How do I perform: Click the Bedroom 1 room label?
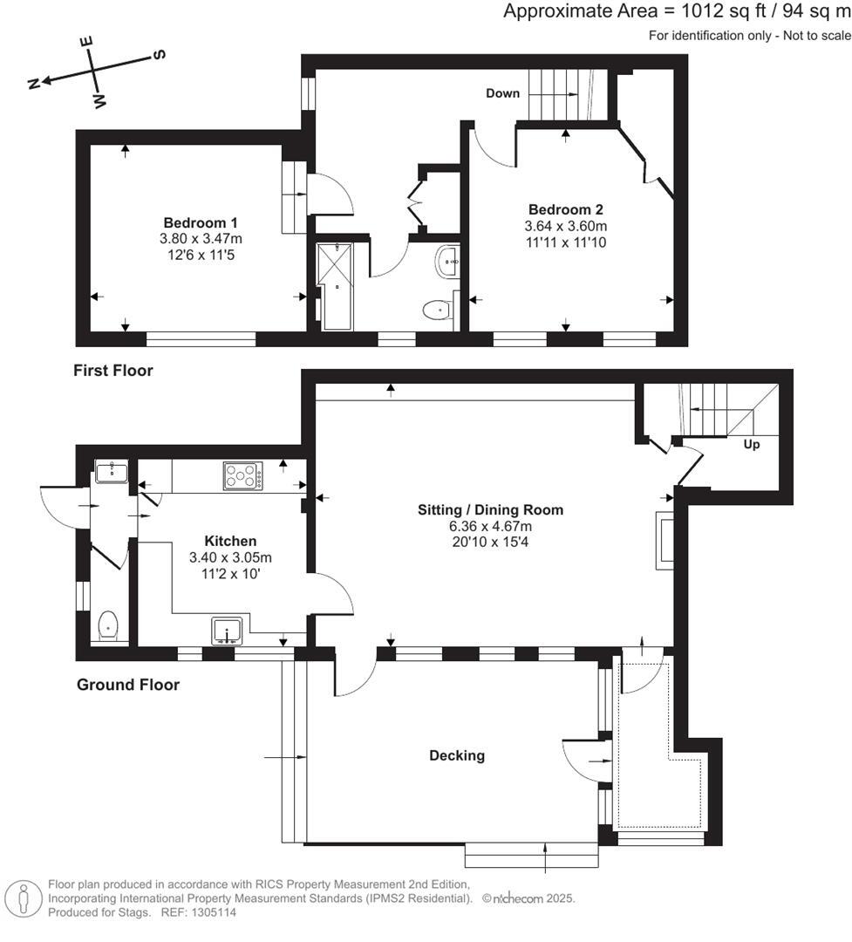coord(201,222)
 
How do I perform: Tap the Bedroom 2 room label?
coord(566,209)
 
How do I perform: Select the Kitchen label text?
coord(230,541)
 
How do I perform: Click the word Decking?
coord(456,755)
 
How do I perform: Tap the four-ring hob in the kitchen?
coord(243,476)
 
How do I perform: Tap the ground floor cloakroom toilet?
coord(108,625)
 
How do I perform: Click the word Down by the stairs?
coord(502,93)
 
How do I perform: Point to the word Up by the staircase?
coord(751,444)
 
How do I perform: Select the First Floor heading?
coord(112,371)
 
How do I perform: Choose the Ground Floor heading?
coord(127,685)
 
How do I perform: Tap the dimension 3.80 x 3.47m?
coord(201,238)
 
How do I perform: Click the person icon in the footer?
coord(23,898)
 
